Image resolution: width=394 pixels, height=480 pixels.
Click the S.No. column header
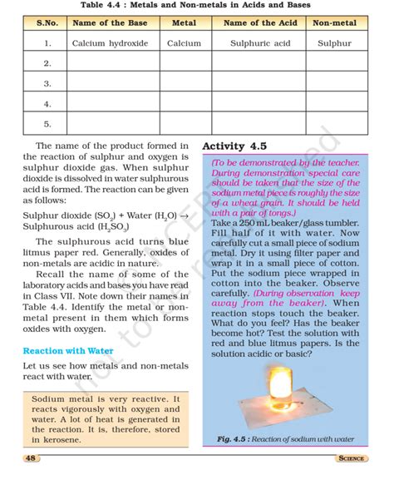tap(47, 22)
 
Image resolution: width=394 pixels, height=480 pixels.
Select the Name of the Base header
tap(110, 22)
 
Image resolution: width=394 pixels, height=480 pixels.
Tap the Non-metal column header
tap(335, 22)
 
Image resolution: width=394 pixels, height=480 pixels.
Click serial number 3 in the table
tap(47, 83)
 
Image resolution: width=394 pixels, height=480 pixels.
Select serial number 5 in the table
tap(47, 124)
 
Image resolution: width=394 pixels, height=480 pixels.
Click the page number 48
tap(30, 458)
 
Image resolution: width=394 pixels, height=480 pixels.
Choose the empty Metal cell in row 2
tap(184, 63)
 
